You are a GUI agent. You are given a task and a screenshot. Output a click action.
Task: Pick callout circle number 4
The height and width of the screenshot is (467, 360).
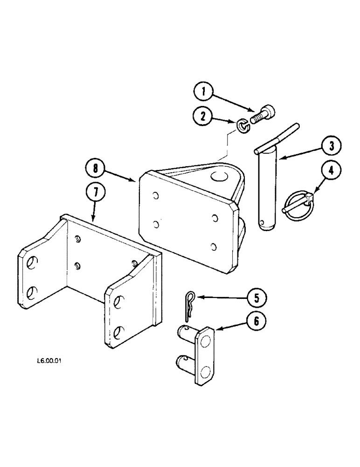[331, 171]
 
